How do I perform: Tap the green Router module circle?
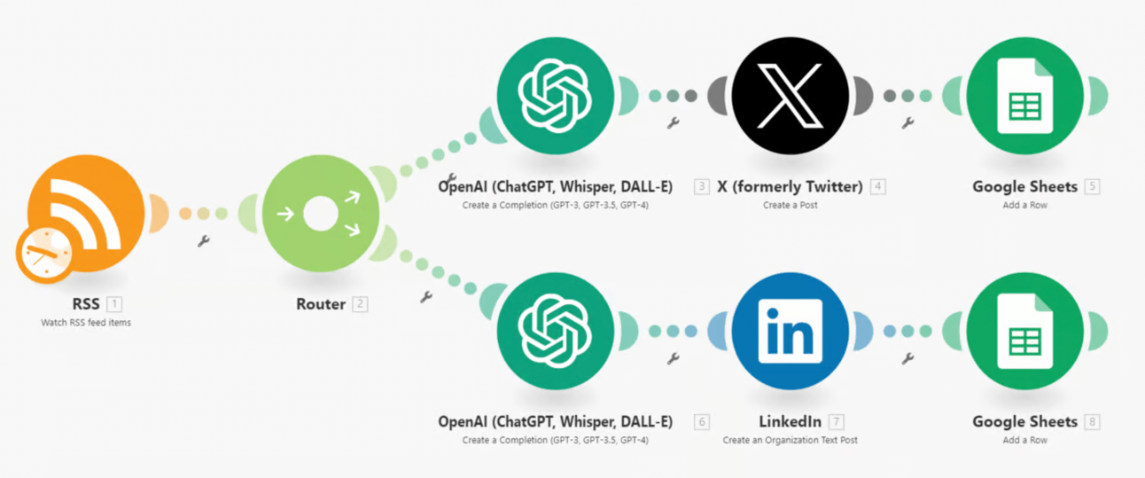click(x=321, y=214)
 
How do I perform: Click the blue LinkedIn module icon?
click(x=791, y=331)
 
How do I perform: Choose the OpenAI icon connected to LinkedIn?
click(x=555, y=331)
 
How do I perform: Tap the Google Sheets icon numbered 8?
click(x=1024, y=331)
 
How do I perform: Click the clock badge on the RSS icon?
click(x=43, y=255)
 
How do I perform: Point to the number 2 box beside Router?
click(x=360, y=304)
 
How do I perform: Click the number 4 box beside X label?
click(x=878, y=186)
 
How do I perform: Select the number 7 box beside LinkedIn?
click(x=837, y=421)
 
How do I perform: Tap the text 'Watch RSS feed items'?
click(x=86, y=323)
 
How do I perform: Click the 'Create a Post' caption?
click(x=791, y=205)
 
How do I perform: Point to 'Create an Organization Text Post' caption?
click(x=791, y=440)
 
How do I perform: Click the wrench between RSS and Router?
click(x=203, y=240)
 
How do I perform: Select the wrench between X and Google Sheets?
click(x=907, y=123)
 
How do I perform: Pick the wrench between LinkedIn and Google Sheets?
click(x=907, y=358)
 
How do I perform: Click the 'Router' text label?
click(x=321, y=304)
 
